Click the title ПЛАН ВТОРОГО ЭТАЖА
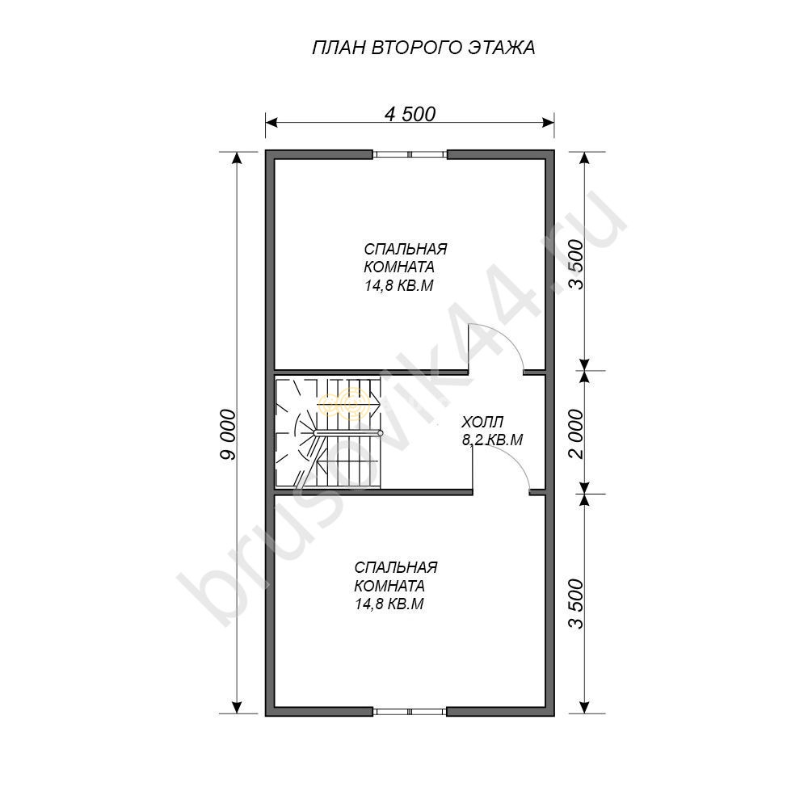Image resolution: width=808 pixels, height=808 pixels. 423,48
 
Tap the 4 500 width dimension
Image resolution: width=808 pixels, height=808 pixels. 410,114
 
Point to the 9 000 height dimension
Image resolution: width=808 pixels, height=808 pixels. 227,434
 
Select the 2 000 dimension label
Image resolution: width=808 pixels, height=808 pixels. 578,434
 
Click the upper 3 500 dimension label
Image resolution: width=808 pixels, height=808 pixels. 578,264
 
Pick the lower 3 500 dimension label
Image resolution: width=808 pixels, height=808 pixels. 578,604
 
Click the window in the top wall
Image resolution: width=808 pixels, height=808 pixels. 410,154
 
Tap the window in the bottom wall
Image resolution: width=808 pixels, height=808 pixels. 410,712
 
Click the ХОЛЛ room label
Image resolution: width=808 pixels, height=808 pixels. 482,423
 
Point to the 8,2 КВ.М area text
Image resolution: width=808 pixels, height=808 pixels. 493,440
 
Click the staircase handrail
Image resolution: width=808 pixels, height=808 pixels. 347,434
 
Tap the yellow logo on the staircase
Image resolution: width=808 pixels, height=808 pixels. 344,403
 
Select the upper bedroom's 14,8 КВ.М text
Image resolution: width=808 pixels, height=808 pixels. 399,285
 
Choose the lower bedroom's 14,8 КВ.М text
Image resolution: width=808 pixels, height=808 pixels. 389,604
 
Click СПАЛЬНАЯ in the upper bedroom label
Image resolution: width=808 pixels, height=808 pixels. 406,249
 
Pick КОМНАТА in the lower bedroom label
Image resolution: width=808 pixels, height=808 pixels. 389,586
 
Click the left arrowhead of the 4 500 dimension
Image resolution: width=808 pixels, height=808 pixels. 271,122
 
